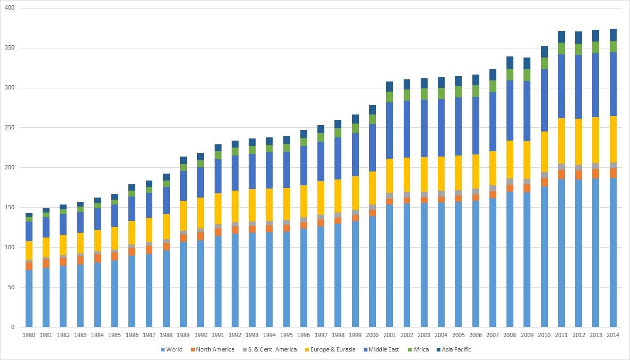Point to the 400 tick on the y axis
click(x=10, y=9)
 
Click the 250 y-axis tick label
click(x=10, y=128)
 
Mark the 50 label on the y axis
click(x=11, y=287)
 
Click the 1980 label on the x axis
click(x=29, y=336)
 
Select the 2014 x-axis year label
click(x=613, y=336)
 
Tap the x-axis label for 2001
click(x=390, y=336)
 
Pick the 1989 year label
click(x=184, y=336)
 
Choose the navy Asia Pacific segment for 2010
click(x=544, y=52)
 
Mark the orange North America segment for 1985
click(x=115, y=256)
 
